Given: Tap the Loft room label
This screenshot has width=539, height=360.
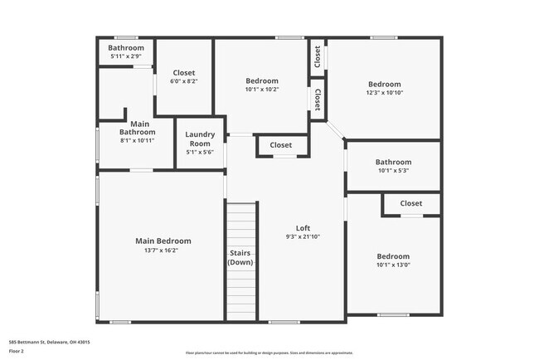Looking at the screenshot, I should pyautogui.click(x=303, y=228).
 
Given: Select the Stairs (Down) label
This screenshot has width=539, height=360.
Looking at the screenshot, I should pyautogui.click(x=240, y=256).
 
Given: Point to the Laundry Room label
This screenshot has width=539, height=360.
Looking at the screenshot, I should pyautogui.click(x=200, y=139).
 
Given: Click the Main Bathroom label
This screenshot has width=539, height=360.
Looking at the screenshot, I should pyautogui.click(x=137, y=128).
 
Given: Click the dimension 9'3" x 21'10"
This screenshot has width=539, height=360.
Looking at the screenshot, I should pyautogui.click(x=303, y=237).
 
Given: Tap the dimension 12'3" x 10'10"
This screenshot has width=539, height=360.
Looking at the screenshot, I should pyautogui.click(x=384, y=93).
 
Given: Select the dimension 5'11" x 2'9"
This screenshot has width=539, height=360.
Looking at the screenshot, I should pyautogui.click(x=126, y=56).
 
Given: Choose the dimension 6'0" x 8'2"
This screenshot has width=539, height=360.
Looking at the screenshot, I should pyautogui.click(x=183, y=82).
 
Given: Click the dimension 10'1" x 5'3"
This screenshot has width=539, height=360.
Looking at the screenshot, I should pyautogui.click(x=393, y=171).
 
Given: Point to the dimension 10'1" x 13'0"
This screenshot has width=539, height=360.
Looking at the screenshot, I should pyautogui.click(x=393, y=265).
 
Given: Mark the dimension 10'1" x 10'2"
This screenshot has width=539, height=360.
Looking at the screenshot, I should pyautogui.click(x=262, y=90).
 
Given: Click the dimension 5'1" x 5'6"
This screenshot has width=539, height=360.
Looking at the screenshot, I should pyautogui.click(x=200, y=152).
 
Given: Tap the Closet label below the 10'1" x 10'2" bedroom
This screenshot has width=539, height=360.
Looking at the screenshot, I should pyautogui.click(x=281, y=145).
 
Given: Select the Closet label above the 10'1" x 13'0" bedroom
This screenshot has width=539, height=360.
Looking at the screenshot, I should pyautogui.click(x=411, y=203).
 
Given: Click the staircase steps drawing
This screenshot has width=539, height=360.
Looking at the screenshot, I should pyautogui.click(x=241, y=224).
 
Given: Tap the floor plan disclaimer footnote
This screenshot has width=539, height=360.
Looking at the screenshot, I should pyautogui.click(x=269, y=353).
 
